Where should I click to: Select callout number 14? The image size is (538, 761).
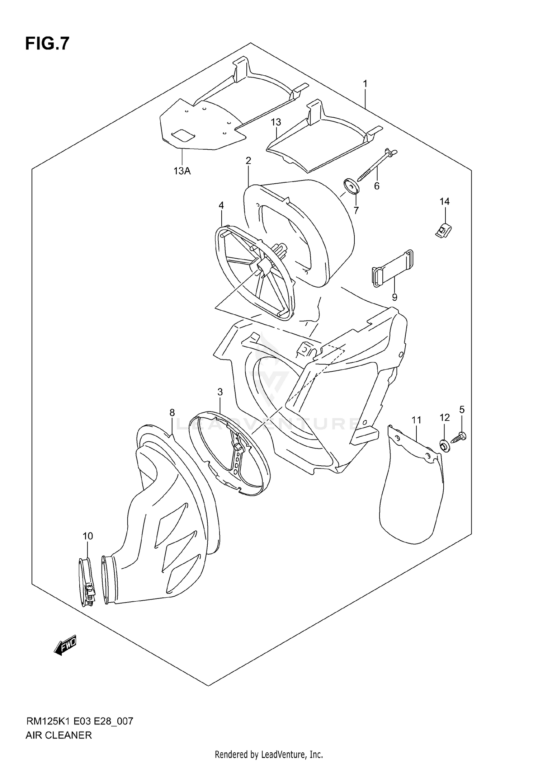tap(444, 202)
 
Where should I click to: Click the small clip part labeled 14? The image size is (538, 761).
tap(443, 230)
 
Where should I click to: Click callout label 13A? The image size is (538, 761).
tap(182, 171)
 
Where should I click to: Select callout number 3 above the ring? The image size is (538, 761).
tap(220, 392)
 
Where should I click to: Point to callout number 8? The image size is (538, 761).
tap(172, 413)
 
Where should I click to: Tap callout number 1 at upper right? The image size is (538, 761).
tap(365, 84)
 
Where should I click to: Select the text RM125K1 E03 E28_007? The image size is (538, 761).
tap(79, 721)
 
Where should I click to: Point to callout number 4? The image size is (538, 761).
tap(221, 205)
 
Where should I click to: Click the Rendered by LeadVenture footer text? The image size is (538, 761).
tap(269, 755)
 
